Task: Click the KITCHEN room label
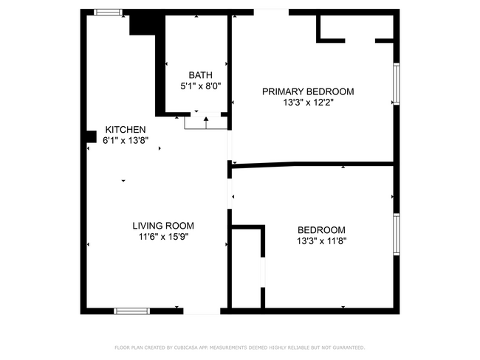tap(120, 129)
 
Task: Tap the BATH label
tap(200, 75)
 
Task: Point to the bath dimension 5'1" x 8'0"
tap(201, 86)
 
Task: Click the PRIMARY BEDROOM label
tap(308, 91)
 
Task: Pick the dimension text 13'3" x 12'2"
tap(308, 103)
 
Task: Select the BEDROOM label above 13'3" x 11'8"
tap(321, 229)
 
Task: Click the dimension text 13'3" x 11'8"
tap(321, 240)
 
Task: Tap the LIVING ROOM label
tap(163, 226)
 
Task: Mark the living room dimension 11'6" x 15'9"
tap(163, 237)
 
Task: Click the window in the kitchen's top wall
tap(109, 12)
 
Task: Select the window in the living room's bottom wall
tap(132, 311)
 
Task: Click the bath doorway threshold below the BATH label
tap(205, 122)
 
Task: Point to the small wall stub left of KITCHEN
tap(91, 136)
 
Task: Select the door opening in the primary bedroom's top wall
tap(271, 12)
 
